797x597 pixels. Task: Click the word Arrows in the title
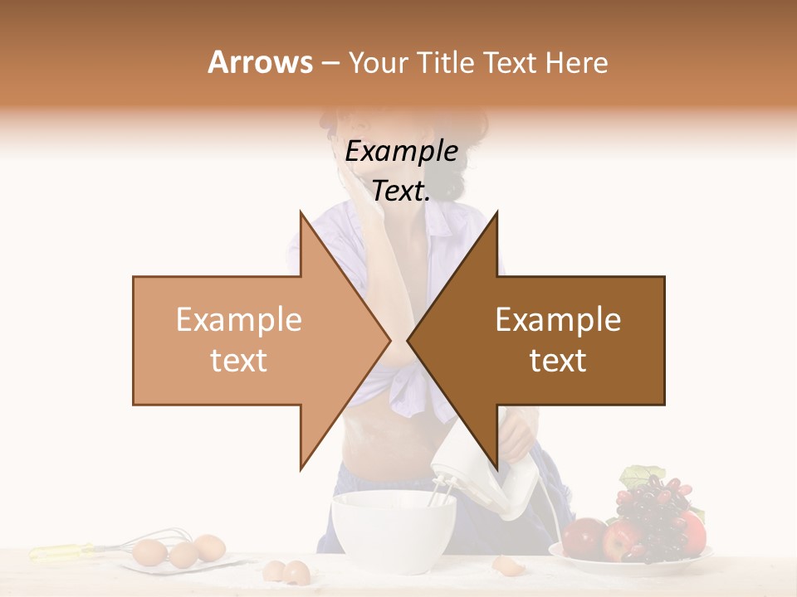coord(260,62)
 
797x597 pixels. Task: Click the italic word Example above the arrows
coord(401,152)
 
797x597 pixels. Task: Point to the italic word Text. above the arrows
coord(401,192)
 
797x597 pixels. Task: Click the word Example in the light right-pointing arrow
coord(238,320)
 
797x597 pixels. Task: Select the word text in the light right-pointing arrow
coord(238,361)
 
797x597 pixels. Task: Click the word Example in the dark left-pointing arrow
coord(558,320)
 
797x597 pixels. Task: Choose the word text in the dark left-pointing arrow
coord(558,361)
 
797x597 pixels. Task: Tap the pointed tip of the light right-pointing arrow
coord(389,340)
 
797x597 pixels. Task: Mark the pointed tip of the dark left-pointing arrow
coord(408,340)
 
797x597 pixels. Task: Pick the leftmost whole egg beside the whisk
coord(149,551)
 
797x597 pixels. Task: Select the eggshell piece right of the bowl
coord(505,565)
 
